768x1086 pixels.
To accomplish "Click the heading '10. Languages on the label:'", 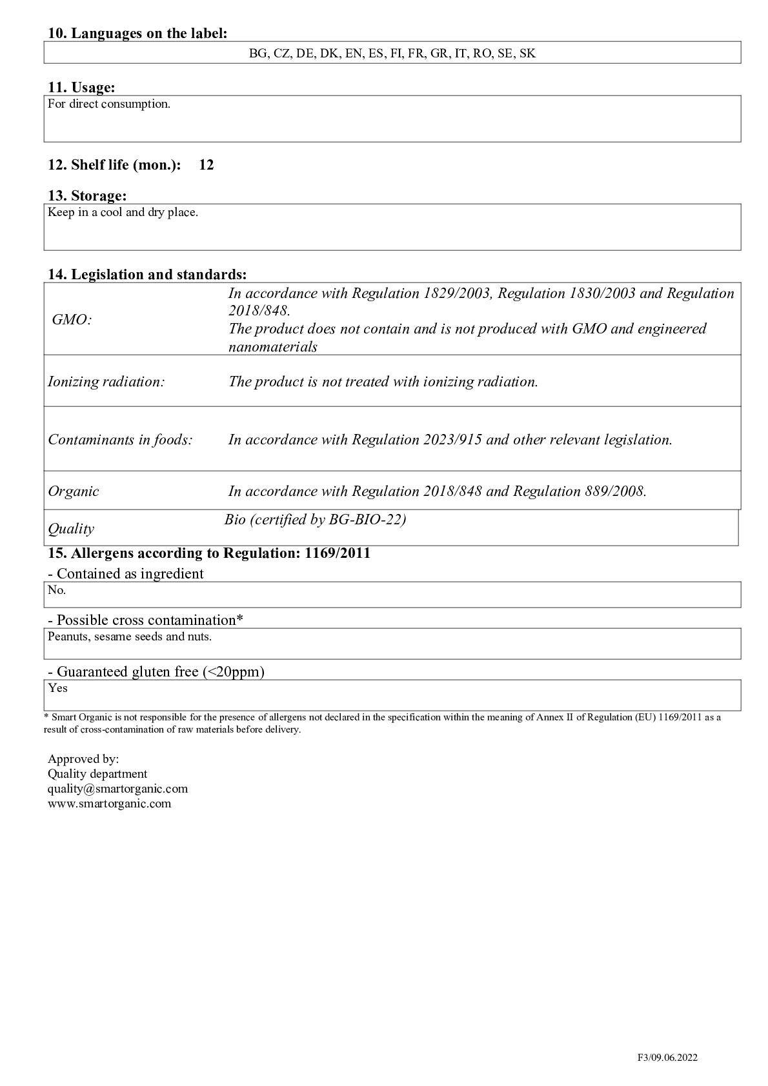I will tap(137, 34).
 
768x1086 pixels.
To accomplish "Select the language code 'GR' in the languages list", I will tap(439, 54).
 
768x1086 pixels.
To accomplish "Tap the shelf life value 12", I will tap(207, 165).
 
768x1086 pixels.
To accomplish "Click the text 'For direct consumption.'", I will tap(109, 104).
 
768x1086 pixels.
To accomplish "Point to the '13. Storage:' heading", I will tap(87, 196).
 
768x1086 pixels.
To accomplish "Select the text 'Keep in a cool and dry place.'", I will tap(123, 212).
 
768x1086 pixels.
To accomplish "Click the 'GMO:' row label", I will tap(72, 320).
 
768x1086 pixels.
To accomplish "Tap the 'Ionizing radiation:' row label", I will tap(106, 382).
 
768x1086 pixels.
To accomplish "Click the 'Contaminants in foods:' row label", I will tap(121, 440).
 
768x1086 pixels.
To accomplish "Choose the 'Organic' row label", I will tap(74, 491).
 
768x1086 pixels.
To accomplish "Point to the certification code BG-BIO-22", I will tap(367, 520).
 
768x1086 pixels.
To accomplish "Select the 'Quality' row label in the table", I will tap(71, 529).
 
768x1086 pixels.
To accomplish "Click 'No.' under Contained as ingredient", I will tap(57, 590).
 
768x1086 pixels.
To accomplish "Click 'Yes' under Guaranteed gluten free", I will tap(57, 688).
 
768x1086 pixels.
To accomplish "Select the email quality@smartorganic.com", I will tap(117, 789).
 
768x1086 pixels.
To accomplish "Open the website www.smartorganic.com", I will tap(109, 804).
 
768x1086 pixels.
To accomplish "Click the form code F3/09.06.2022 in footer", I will tap(667, 1058).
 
